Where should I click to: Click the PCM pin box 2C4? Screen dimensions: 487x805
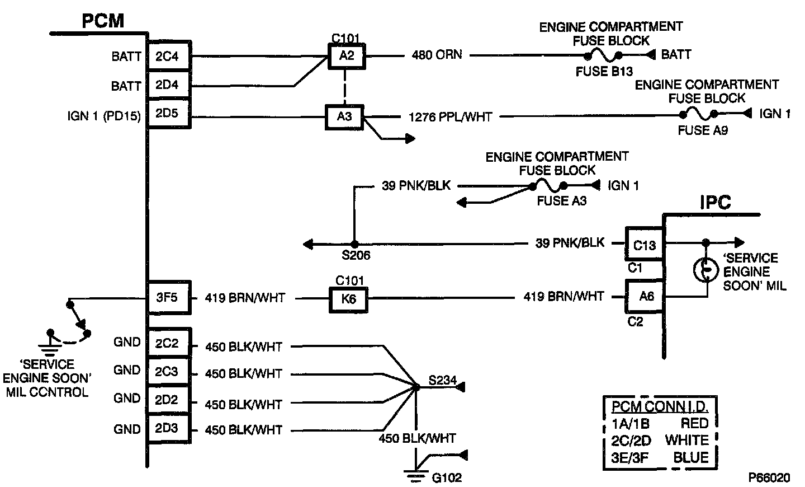click(x=166, y=56)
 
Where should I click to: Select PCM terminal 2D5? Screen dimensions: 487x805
click(x=166, y=115)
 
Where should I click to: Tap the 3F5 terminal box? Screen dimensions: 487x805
click(x=166, y=297)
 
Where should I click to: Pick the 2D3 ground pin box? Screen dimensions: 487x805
click(x=166, y=429)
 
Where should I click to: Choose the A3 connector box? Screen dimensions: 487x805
click(x=345, y=116)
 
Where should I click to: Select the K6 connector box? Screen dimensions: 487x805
click(x=348, y=299)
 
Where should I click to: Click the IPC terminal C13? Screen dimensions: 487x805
click(x=645, y=245)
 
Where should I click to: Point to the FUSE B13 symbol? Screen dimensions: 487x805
click(x=603, y=55)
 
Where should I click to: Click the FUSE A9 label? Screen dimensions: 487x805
click(x=703, y=130)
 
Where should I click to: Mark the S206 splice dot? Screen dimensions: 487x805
click(x=353, y=244)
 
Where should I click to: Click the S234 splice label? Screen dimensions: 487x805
click(x=442, y=381)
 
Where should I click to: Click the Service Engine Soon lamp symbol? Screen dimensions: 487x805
click(x=705, y=270)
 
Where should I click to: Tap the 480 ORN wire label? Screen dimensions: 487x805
click(x=437, y=55)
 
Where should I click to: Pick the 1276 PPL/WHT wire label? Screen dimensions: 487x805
click(x=451, y=116)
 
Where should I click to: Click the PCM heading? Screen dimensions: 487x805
click(x=103, y=21)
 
